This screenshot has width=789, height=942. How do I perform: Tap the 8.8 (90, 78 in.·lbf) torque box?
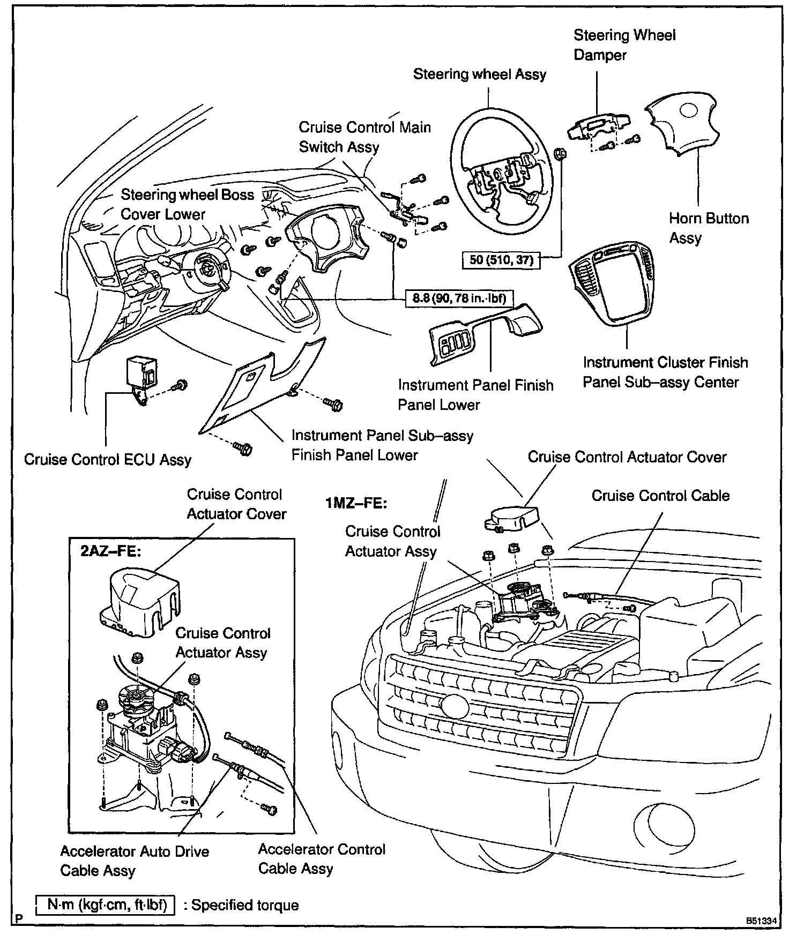(459, 297)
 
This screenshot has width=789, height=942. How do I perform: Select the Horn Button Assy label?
(709, 228)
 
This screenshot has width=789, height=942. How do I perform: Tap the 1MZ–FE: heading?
(356, 504)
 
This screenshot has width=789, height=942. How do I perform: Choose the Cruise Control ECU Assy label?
(108, 460)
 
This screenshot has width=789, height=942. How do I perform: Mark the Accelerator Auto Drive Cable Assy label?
(134, 861)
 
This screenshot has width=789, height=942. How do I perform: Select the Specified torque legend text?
(245, 905)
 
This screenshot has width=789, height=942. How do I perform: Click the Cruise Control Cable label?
(660, 496)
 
